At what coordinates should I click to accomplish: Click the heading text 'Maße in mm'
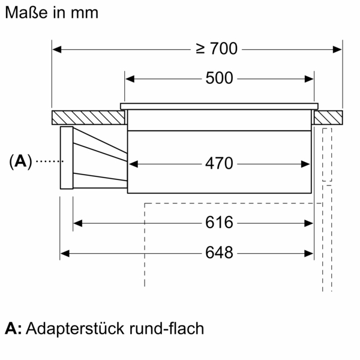[51, 13]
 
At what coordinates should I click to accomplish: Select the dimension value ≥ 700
[217, 49]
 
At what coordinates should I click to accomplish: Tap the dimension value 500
[219, 79]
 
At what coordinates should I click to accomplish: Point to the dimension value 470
[219, 163]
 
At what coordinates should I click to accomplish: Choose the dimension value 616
[219, 223]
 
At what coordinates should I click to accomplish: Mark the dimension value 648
[219, 253]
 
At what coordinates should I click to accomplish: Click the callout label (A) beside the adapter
[20, 161]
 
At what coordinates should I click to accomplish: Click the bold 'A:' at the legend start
[13, 329]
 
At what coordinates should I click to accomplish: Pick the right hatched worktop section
[328, 117]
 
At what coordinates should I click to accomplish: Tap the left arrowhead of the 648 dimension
[64, 253]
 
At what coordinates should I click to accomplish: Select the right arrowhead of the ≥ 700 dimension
[337, 49]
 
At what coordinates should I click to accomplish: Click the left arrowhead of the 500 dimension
[128, 79]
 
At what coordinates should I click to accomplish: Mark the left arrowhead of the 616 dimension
[77, 223]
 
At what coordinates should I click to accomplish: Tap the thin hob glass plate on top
[219, 106]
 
